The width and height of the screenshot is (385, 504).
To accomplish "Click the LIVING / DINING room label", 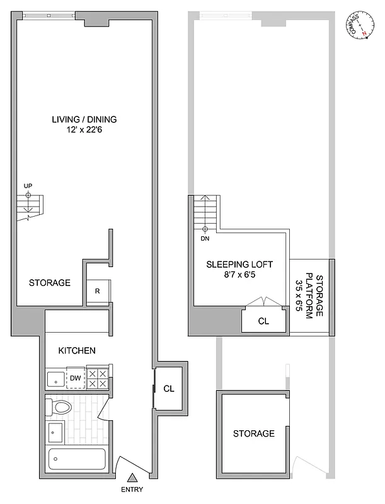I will [x=84, y=119].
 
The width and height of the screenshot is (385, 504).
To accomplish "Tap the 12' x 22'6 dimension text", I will [x=84, y=130].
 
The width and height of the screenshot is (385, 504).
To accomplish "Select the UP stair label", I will [x=27, y=186].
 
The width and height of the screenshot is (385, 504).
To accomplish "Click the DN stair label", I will [x=205, y=239].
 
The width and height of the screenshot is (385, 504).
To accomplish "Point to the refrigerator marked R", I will [x=97, y=291].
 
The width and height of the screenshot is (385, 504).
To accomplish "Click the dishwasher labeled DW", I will [x=74, y=378].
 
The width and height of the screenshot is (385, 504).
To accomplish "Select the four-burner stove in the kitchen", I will [x=97, y=378].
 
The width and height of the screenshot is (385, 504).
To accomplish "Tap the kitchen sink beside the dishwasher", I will [x=55, y=379].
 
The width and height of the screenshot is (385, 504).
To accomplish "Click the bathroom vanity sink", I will [x=55, y=433].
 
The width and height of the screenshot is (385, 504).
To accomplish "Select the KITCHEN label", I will [x=77, y=350].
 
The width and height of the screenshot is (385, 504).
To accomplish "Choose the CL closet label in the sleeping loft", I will [x=263, y=321].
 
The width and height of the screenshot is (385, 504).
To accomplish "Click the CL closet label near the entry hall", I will [x=169, y=389].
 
